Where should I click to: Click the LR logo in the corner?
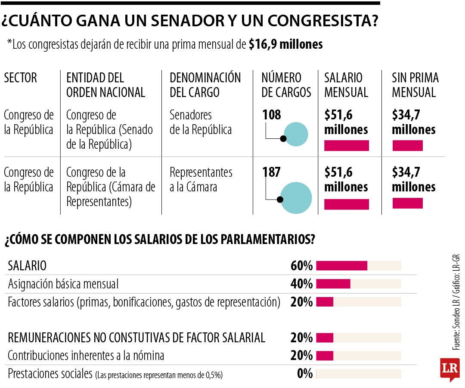[449, 369]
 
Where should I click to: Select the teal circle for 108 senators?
[297, 134]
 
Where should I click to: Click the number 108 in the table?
[271, 115]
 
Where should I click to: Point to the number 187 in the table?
[271, 172]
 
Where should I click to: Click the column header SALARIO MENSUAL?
[346, 85]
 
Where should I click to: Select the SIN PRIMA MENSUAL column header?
[415, 85]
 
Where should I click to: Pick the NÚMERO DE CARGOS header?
[286, 85]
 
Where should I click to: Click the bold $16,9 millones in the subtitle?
[285, 44]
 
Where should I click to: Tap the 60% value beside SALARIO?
[301, 266]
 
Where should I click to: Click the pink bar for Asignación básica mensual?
[333, 284]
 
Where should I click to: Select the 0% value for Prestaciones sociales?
[305, 373]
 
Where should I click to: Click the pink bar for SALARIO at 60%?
[341, 266]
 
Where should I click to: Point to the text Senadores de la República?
[200, 122]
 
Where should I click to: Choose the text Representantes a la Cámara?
[201, 179]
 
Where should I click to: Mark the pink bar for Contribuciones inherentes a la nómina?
[325, 356]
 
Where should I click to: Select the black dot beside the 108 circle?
[283, 138]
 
